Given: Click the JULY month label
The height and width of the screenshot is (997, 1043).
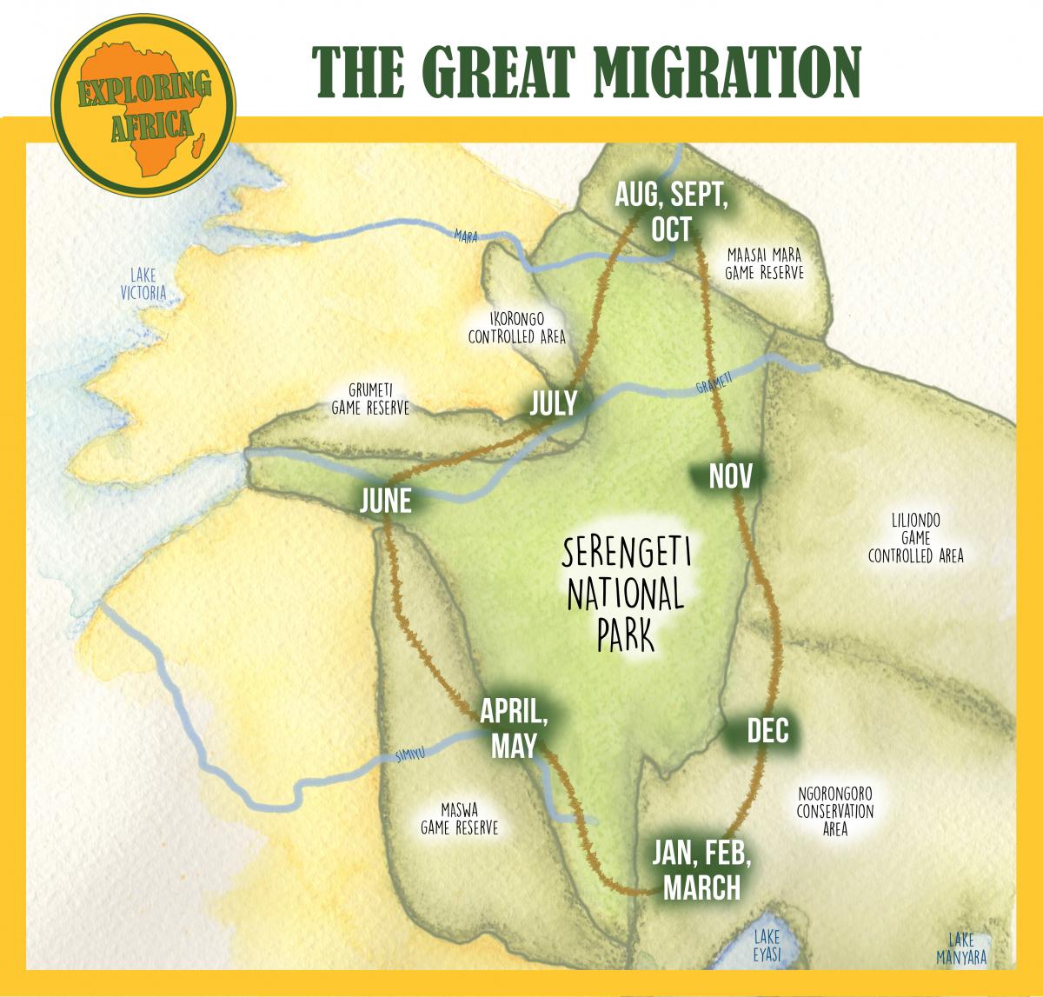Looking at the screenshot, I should click(x=554, y=404).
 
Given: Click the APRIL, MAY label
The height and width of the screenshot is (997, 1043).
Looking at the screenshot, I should click(x=514, y=728).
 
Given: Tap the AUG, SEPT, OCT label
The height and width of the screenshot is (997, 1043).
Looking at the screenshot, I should click(x=671, y=212).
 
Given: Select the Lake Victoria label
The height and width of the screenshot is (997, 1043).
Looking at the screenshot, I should click(x=143, y=284).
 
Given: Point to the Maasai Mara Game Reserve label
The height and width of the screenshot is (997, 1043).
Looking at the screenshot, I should click(x=764, y=263).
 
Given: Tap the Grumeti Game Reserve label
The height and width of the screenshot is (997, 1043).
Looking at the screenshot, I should click(x=369, y=399).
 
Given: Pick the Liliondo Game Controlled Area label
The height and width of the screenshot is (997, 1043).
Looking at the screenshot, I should click(x=915, y=538).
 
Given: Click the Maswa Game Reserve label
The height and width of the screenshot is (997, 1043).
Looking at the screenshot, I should click(x=459, y=820).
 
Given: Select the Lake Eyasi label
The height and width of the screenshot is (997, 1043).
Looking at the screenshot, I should click(x=767, y=944).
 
